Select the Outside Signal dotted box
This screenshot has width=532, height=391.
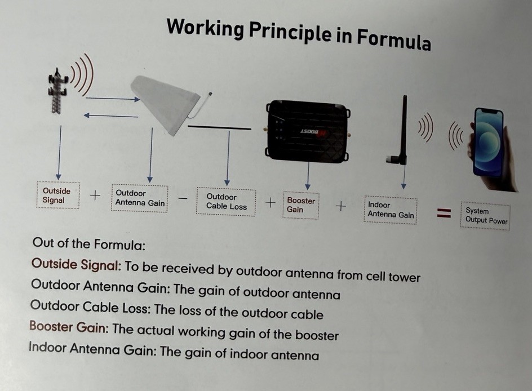[57, 195]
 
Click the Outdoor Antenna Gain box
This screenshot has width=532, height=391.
[140, 198]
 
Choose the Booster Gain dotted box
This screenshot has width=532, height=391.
[301, 205]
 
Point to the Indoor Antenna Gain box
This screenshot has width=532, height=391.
[391, 210]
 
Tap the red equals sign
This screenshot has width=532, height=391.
[445, 213]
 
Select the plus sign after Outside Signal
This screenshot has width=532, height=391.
[95, 195]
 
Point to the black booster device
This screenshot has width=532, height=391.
[307, 128]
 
